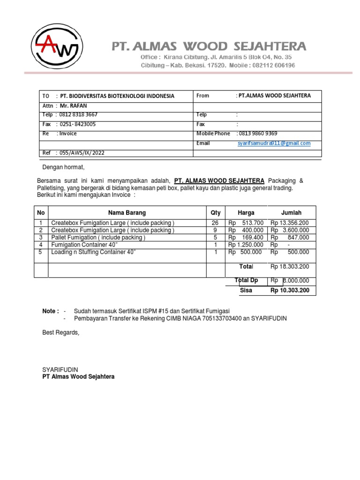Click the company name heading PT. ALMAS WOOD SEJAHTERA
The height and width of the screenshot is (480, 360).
pos(209,46)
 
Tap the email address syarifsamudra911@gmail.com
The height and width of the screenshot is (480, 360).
pos(274,143)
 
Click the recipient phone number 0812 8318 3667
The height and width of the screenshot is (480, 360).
pos(79,114)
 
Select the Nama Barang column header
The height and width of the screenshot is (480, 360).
pos(127,213)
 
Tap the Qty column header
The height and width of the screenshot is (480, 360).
pos(216,213)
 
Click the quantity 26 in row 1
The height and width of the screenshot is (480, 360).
pos(215,223)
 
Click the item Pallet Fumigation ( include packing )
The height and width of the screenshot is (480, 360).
pos(98,238)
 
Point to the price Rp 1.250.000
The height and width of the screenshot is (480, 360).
pos(245,245)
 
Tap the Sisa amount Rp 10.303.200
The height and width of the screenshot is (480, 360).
pos(290,291)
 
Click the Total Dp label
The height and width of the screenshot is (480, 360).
pos(246,280)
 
